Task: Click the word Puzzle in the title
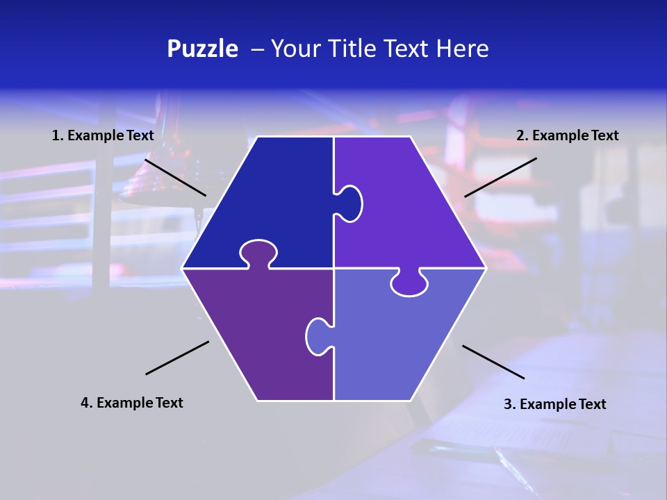202,49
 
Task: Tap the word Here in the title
462,49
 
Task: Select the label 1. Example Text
103,135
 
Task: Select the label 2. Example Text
567,135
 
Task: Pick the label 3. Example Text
554,404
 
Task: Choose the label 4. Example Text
132,403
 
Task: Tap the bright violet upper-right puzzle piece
410,208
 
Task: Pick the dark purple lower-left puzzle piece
257,333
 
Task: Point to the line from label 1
175,177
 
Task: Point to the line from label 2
500,177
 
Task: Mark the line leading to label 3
493,362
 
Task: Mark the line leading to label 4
177,358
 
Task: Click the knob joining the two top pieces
351,203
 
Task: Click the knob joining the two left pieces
258,253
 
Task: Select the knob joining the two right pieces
409,283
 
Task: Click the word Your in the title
292,49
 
